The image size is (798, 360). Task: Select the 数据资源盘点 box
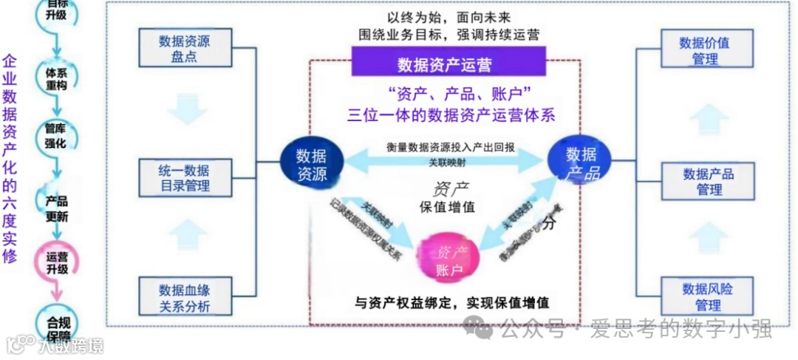point(184,48)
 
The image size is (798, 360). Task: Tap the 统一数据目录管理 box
point(184,178)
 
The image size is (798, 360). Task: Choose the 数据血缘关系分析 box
point(184,297)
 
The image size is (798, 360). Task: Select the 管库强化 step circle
point(55,135)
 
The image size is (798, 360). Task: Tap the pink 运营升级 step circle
point(56,262)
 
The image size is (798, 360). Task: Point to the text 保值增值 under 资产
point(449,207)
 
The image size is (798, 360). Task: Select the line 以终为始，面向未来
point(449,16)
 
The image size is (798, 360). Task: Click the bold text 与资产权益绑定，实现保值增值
point(453,303)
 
